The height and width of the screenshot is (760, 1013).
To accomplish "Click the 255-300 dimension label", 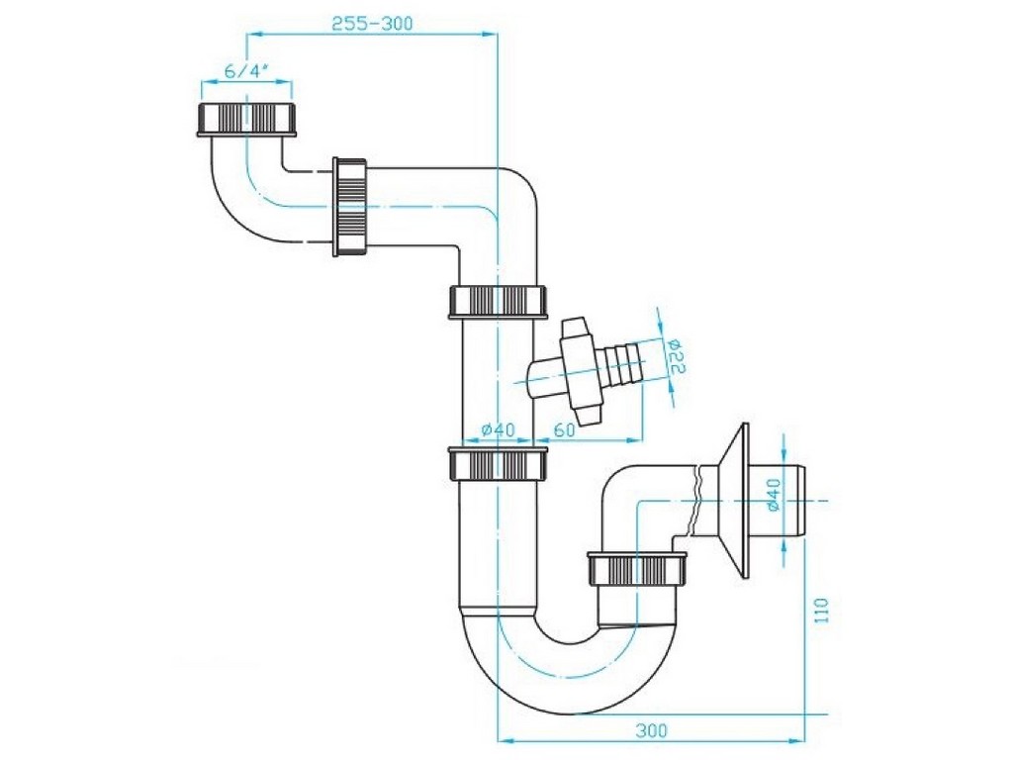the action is pyautogui.click(x=372, y=24).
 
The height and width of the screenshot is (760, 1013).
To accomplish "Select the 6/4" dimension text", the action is pyautogui.click(x=246, y=71).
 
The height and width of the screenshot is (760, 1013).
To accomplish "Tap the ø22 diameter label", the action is pyautogui.click(x=677, y=356).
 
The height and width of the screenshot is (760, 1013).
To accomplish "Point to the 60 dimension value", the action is pyautogui.click(x=564, y=429).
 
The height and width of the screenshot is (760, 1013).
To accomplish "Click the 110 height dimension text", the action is pyautogui.click(x=820, y=611).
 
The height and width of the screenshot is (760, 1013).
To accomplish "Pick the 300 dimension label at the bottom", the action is pyautogui.click(x=651, y=731).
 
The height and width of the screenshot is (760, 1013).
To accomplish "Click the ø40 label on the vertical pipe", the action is pyautogui.click(x=499, y=429).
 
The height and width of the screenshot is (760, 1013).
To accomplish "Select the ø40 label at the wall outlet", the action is pyautogui.click(x=774, y=495).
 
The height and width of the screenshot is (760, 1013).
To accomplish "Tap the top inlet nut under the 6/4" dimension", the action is pyautogui.click(x=246, y=119).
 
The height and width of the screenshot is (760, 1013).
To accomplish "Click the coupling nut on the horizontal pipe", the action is pyautogui.click(x=350, y=206).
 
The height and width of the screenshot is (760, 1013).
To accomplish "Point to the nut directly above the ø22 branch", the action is pyautogui.click(x=499, y=301).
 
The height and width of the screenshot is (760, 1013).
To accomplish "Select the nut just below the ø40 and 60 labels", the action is pyautogui.click(x=499, y=464).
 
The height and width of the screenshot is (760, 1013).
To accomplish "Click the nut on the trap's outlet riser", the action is pyautogui.click(x=636, y=569).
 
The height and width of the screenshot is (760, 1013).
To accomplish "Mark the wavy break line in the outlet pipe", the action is pyautogui.click(x=694, y=499).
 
